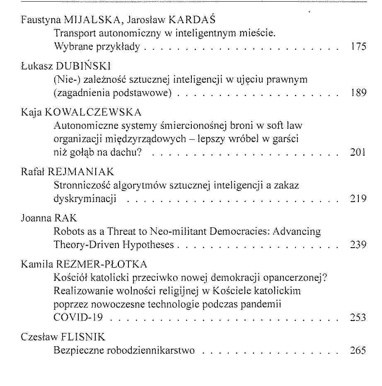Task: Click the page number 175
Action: pos(358,46)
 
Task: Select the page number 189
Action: pos(358,93)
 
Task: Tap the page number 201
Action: pos(358,153)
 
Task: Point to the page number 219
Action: pos(358,199)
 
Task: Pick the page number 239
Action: pos(358,245)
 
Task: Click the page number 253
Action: pos(358,318)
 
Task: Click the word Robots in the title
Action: pos(68,232)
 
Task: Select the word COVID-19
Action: pos(78,318)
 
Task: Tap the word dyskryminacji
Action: pos(85,199)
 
